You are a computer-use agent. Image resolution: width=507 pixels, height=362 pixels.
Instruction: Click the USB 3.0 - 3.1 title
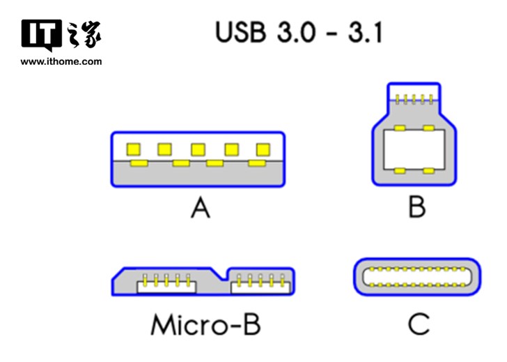tap(299, 32)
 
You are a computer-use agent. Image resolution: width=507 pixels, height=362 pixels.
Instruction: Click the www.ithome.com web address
tap(61, 61)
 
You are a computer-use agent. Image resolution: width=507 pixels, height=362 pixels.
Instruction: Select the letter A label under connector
tap(201, 207)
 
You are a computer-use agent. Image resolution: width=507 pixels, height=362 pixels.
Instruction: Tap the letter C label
tap(419, 324)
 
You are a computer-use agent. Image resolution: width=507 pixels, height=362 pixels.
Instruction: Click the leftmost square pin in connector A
tap(132, 149)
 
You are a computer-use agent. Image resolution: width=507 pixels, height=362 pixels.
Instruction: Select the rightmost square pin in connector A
tap(263, 149)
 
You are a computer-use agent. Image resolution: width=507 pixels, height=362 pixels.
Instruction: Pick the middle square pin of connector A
tap(198, 149)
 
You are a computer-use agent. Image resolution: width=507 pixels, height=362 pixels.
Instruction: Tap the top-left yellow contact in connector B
tap(399, 128)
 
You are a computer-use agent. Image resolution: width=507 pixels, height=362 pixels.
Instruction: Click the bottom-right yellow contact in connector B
tap(429, 171)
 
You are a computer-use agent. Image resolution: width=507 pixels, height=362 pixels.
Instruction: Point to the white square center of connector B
tap(414, 149)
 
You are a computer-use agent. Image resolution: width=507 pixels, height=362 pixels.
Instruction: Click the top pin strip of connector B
tap(414, 98)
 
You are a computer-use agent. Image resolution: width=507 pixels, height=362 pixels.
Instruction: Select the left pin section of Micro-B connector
tap(166, 282)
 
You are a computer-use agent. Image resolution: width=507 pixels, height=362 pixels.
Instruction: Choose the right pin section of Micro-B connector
tap(258, 281)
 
